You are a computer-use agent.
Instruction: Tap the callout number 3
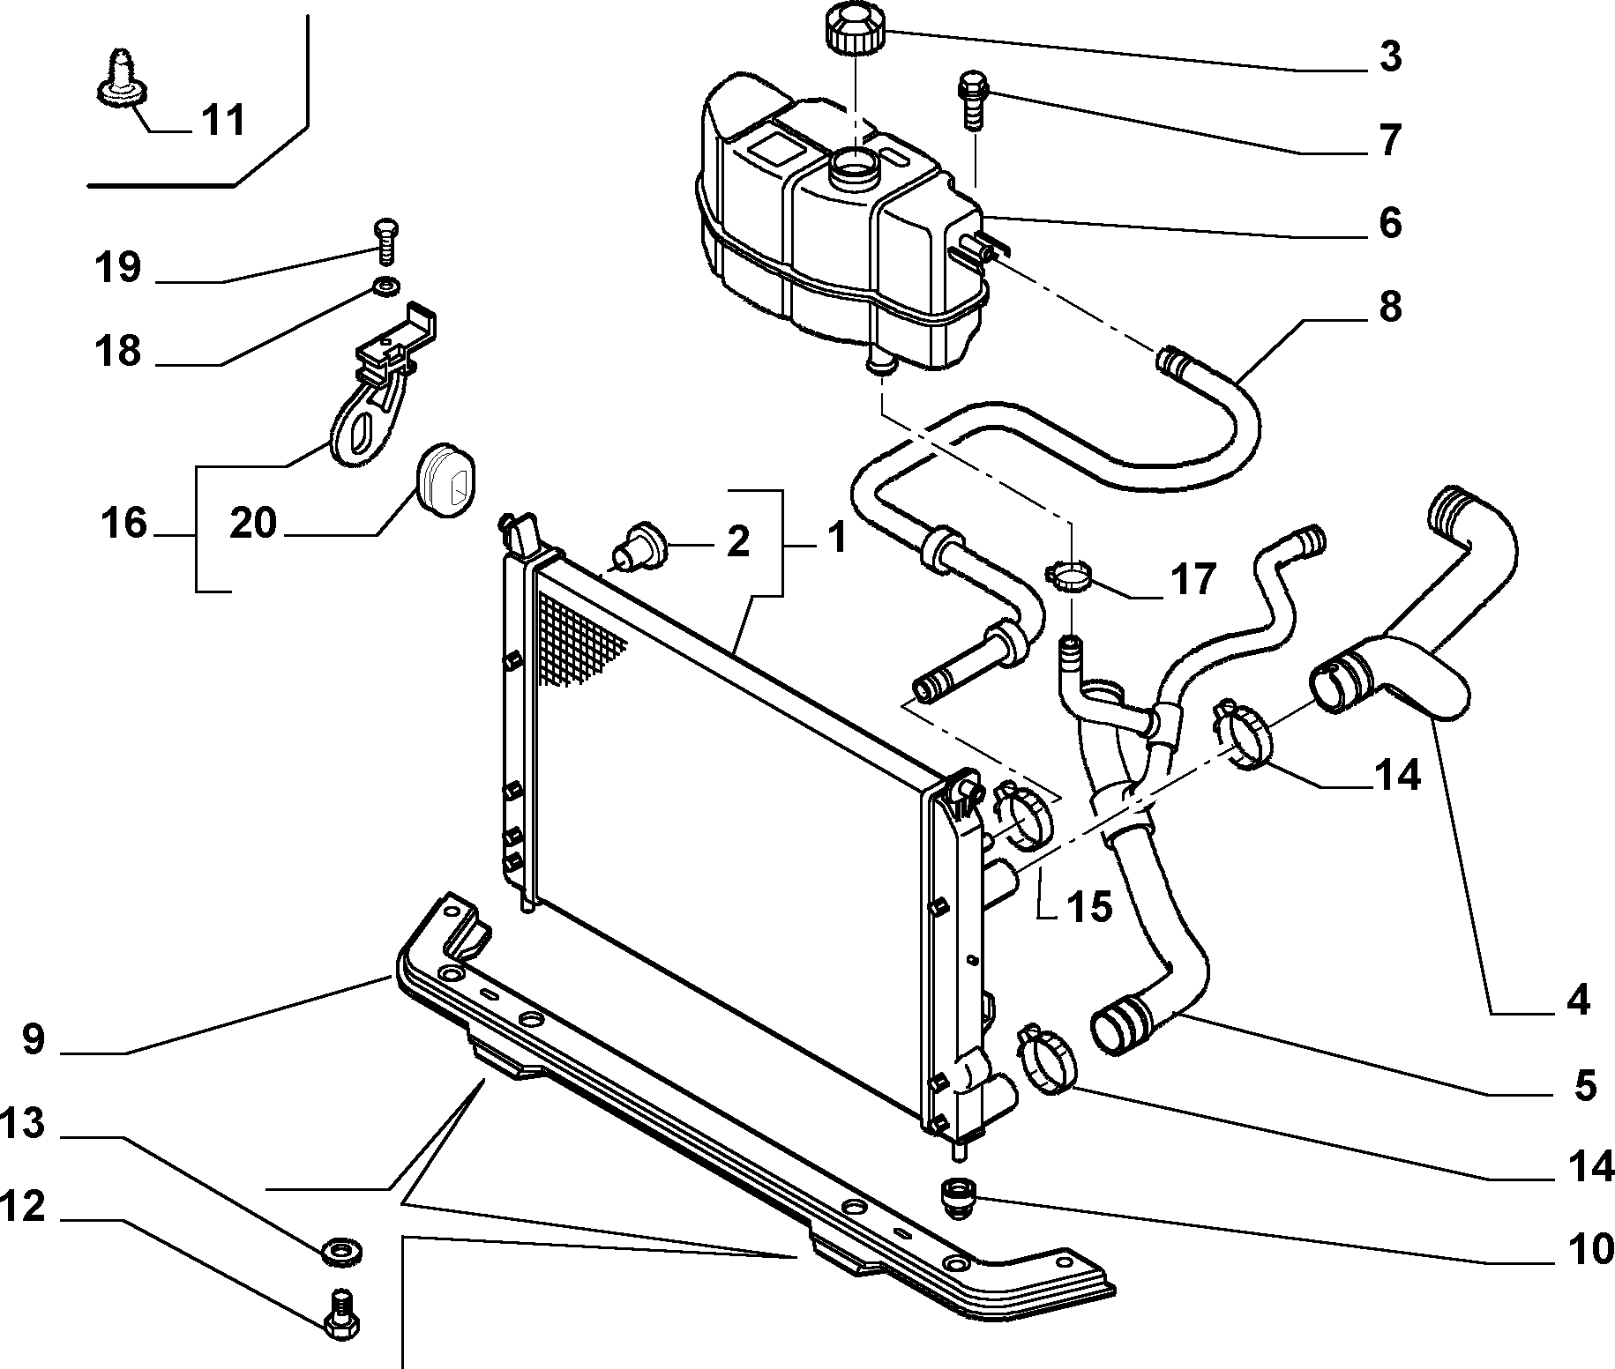1389,56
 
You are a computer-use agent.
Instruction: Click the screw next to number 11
118,76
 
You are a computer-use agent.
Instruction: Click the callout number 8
1389,308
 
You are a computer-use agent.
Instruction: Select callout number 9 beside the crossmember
33,1040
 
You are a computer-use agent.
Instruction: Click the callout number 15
1089,905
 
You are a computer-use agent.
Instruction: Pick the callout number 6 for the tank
1389,223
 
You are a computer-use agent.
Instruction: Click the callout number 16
123,523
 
